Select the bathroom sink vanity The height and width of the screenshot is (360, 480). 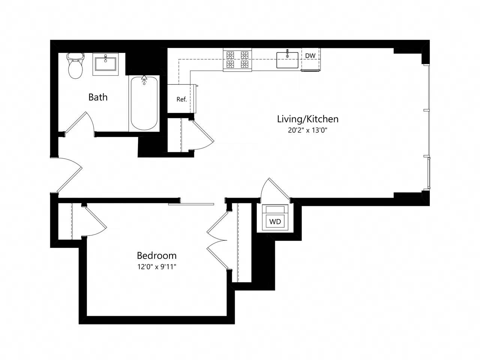[x=105, y=64]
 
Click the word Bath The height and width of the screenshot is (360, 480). [x=98, y=97]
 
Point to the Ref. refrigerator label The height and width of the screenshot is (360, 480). [x=181, y=99]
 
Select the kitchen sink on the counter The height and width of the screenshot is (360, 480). [x=287, y=60]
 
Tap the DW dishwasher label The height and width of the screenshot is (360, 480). [x=310, y=56]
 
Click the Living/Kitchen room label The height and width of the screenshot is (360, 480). [x=307, y=119]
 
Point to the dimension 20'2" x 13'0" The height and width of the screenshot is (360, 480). [x=307, y=130]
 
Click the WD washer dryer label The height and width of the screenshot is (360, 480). [x=275, y=222]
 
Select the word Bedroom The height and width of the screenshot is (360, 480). [x=156, y=256]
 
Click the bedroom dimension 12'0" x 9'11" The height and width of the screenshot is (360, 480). [x=156, y=267]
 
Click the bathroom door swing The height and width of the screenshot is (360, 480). [x=79, y=122]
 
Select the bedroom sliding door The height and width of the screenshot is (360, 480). [x=191, y=204]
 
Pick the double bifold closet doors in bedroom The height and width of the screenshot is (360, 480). [x=217, y=240]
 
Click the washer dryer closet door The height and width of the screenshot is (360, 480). [x=277, y=189]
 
